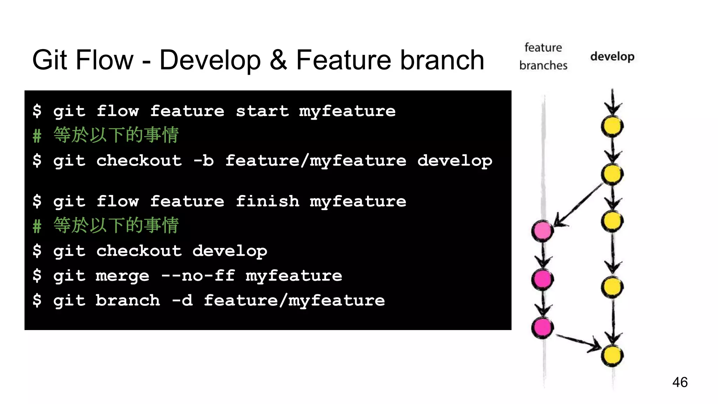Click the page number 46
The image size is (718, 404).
(680, 382)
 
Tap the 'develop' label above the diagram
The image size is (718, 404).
(612, 56)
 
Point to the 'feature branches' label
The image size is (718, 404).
(543, 56)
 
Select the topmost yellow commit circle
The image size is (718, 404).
(612, 126)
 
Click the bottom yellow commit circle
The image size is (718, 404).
(612, 355)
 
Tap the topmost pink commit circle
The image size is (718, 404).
(542, 231)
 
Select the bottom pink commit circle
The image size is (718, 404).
(542, 327)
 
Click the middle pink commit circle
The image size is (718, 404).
(542, 279)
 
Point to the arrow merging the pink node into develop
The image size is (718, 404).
(578, 341)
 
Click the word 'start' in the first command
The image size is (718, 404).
(262, 111)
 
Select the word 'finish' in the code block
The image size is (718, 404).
(267, 201)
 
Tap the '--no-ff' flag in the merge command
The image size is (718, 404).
(198, 276)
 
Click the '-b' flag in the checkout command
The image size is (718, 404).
(203, 161)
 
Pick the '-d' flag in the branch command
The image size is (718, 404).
(182, 301)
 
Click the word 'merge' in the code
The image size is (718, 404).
(122, 276)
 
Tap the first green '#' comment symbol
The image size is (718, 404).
(37, 136)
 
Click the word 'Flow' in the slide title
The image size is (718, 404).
(104, 60)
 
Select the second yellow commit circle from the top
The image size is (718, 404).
(612, 174)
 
